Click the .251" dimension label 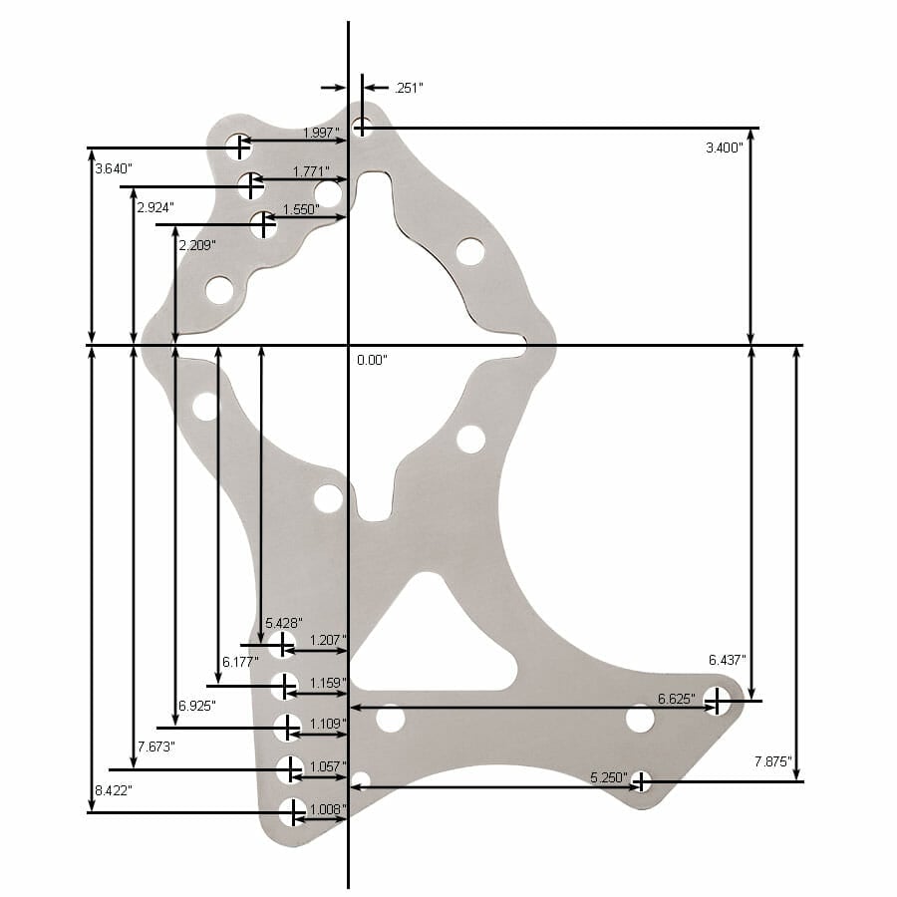click(409, 88)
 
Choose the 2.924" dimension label click(155, 207)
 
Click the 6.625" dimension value click(675, 698)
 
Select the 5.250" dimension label click(609, 776)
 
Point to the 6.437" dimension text click(728, 660)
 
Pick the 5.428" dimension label click(283, 623)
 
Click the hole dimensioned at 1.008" click(292, 812)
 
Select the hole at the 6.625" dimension click(717, 701)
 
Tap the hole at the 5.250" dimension click(642, 780)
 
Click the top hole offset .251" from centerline click(363, 127)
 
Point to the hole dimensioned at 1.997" click(237, 148)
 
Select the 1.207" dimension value click(328, 640)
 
